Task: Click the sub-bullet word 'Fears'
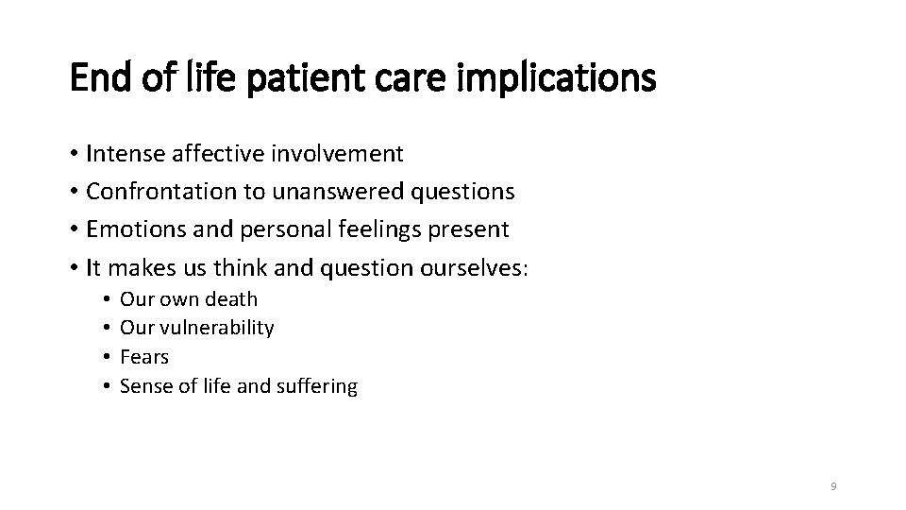coord(144,357)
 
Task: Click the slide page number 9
coord(833,485)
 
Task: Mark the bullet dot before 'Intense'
coord(74,154)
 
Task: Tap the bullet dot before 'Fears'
coord(109,358)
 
